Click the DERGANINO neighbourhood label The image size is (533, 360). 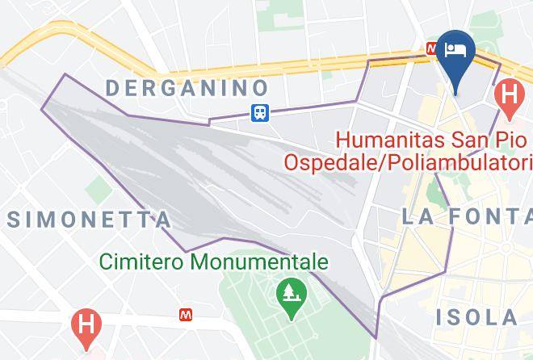(187, 86)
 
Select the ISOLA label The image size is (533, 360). (476, 316)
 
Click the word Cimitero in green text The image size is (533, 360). (141, 262)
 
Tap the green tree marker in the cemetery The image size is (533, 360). (288, 291)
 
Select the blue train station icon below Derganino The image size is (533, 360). (259, 112)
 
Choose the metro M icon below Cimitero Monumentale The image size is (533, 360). (186, 313)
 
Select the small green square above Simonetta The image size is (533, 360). (98, 190)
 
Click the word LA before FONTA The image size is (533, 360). (418, 216)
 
